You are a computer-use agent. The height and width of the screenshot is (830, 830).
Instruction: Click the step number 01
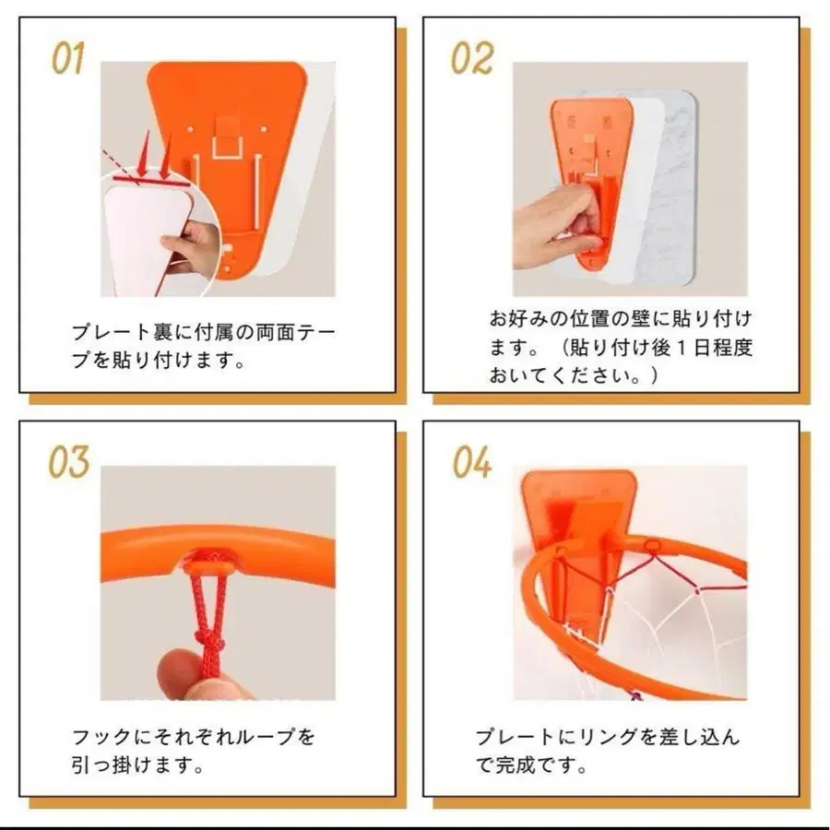tap(68, 57)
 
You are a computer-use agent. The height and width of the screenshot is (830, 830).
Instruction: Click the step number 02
tap(471, 57)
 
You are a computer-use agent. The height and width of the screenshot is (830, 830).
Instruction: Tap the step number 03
tap(69, 462)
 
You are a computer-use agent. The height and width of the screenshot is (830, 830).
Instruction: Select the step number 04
tap(472, 462)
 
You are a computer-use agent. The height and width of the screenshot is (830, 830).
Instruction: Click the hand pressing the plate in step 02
tap(553, 221)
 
